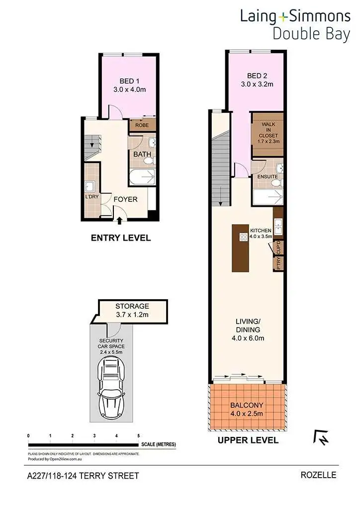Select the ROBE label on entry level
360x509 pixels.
[x=142, y=125]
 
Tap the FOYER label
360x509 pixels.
[x=125, y=199]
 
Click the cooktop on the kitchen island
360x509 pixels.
[x=244, y=237]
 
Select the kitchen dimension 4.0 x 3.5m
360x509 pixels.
[x=261, y=237]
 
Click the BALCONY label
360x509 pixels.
[x=247, y=405]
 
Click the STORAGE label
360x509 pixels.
[x=132, y=306]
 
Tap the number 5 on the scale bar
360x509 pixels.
[x=138, y=436]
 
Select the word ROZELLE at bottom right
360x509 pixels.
[x=318, y=475]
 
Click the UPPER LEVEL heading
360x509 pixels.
[x=248, y=440]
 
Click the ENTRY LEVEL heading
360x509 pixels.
[x=120, y=238]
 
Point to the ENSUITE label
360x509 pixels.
[x=267, y=176]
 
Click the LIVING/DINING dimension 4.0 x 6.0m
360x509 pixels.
[x=247, y=338]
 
